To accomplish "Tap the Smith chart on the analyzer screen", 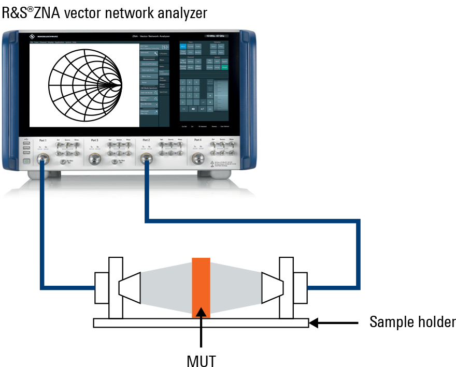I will point(85,84).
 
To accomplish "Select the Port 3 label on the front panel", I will point(94,140).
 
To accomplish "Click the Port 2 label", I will point(146,140).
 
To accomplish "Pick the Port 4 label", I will point(197,140).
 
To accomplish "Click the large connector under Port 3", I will point(94,159).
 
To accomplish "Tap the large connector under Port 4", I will point(197,158).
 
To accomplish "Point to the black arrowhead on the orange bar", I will point(201,312).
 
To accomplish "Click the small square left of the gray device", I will point(116,263).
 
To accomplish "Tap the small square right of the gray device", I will point(283,263).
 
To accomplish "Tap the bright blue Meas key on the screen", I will point(183,47).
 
